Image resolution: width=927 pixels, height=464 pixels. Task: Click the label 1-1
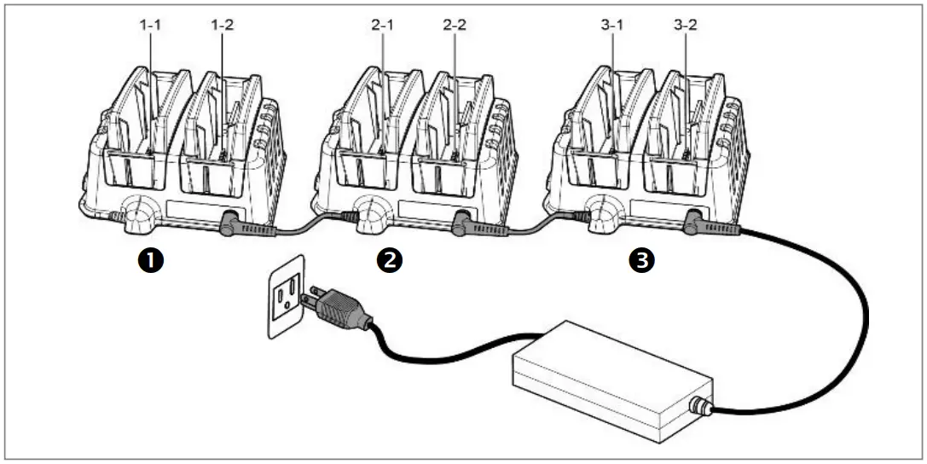151,26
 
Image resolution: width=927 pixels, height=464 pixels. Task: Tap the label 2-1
383,26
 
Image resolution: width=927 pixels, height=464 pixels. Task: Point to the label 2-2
455,26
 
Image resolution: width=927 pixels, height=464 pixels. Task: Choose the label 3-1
613,26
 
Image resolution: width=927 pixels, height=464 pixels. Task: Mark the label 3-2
685,26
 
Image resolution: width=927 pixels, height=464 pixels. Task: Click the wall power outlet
287,294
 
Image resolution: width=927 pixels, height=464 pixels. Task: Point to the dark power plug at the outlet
341,307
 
